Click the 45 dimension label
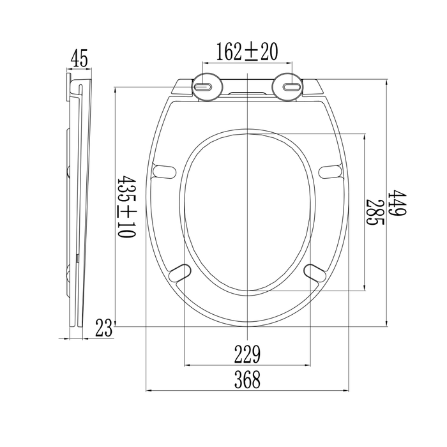click(79, 58)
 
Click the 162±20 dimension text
click(247, 52)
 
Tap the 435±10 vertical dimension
click(126, 207)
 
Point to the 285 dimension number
click(375, 212)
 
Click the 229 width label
click(248, 354)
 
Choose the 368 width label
click(248, 379)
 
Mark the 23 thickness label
click(103, 328)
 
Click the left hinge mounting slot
click(203, 86)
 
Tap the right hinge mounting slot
click(291, 86)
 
